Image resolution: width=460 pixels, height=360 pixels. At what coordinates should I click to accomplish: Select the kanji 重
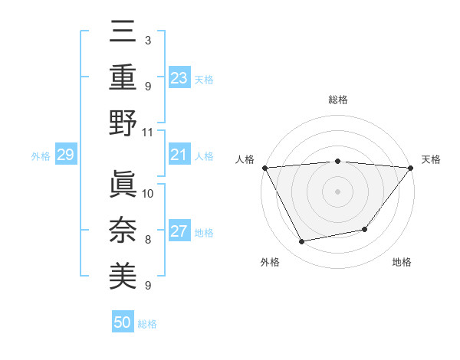(x=123, y=79)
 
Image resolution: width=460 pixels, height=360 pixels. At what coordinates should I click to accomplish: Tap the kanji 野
(x=123, y=124)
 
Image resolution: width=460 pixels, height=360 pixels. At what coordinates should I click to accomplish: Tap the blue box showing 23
(x=179, y=77)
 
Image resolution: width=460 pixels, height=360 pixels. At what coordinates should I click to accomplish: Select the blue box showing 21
(x=179, y=155)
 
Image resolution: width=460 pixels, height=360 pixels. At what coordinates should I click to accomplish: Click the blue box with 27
(x=179, y=232)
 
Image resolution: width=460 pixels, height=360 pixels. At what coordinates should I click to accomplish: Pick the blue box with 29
(x=65, y=155)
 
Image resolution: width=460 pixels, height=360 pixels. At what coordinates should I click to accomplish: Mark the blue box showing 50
(x=123, y=322)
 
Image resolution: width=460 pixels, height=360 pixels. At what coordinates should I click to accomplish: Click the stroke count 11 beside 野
(x=148, y=132)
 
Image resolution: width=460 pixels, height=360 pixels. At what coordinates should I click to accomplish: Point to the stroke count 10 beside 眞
(x=148, y=193)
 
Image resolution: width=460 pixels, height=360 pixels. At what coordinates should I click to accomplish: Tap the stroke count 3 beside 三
(x=148, y=40)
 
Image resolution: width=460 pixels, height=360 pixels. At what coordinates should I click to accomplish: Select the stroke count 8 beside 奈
(x=148, y=240)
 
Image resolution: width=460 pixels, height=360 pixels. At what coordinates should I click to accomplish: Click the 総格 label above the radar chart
(x=337, y=100)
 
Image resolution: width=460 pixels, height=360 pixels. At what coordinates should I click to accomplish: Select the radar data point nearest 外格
(x=302, y=242)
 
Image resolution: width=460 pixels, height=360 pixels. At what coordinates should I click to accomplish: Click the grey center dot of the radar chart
(x=337, y=191)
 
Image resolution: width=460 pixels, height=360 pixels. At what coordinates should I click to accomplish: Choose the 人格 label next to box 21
(x=204, y=155)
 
